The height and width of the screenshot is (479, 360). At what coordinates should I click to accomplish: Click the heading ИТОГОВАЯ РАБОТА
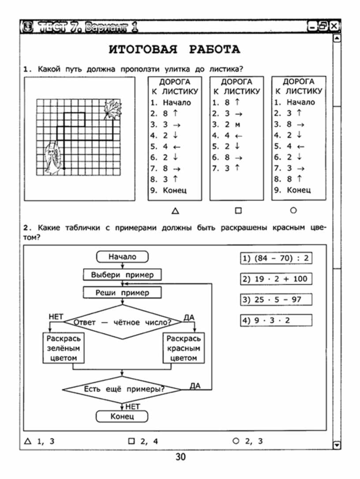(x=174, y=49)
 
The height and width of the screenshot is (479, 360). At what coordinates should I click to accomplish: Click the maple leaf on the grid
(x=112, y=109)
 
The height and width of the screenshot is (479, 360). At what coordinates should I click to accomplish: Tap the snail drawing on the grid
(x=52, y=158)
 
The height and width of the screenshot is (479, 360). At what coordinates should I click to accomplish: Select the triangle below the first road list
(x=175, y=211)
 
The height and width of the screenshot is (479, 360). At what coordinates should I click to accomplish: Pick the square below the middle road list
(x=238, y=211)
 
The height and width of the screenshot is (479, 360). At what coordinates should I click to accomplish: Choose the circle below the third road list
(x=293, y=210)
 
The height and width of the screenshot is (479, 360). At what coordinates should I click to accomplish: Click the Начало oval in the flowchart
(x=122, y=256)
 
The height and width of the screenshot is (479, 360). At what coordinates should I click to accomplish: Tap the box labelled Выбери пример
(x=122, y=275)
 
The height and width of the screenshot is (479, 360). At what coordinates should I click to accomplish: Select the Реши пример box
(x=122, y=293)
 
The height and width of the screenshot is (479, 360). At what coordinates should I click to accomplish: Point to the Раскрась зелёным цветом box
(x=63, y=348)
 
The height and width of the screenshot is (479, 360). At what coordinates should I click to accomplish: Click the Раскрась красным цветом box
(x=183, y=348)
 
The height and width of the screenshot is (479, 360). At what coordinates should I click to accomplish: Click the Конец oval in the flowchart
(x=122, y=416)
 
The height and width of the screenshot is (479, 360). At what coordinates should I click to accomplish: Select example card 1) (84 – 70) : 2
(x=276, y=258)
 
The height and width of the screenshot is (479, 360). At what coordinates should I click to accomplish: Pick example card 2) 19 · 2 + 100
(x=276, y=279)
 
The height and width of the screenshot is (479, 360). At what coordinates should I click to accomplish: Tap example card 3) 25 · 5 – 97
(x=276, y=299)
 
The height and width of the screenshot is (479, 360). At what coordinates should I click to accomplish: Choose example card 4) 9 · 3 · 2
(x=276, y=320)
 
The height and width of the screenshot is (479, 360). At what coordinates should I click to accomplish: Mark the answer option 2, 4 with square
(x=143, y=441)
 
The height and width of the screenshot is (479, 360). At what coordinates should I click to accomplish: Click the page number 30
(x=180, y=456)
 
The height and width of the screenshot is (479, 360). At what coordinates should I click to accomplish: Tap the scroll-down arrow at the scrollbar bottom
(x=337, y=445)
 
